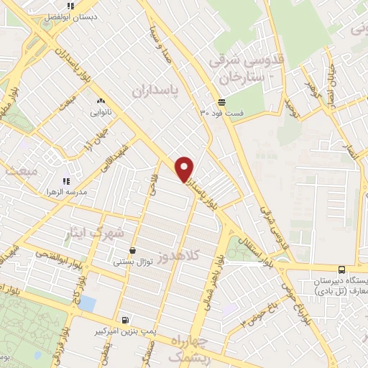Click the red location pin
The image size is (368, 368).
pyautogui.click(x=185, y=168)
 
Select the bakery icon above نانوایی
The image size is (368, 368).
pyautogui.click(x=100, y=101)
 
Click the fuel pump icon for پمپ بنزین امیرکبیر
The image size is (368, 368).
pyautogui.click(x=126, y=320)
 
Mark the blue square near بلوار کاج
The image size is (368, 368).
pyautogui.click(x=87, y=303)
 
